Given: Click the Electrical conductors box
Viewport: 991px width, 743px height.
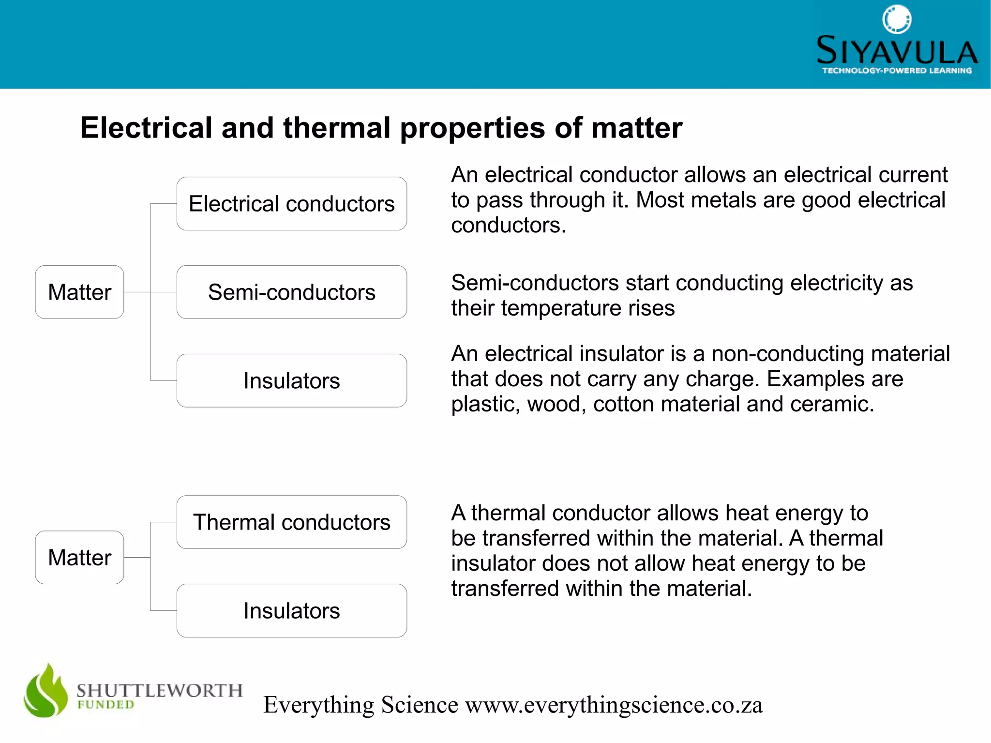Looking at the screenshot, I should point(291,204).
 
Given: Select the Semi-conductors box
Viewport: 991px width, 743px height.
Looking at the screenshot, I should point(291,292).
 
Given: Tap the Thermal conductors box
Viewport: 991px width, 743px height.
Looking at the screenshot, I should point(291,522).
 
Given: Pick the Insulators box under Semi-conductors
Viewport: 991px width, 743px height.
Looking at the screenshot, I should point(291,380).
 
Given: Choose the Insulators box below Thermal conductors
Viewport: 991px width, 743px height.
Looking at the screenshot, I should point(291,610).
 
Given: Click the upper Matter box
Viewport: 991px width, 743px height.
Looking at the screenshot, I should point(79,292).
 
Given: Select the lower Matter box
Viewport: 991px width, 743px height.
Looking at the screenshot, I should point(79,557).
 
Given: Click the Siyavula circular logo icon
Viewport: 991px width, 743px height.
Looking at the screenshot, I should point(897,19).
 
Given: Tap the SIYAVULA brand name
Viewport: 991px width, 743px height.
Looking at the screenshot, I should point(897,51).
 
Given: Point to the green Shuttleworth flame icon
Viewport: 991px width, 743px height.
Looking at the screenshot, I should point(46,691).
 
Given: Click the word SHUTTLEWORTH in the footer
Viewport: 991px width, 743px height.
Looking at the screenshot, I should point(159,690).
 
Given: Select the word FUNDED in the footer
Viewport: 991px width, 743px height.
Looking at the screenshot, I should point(105,705).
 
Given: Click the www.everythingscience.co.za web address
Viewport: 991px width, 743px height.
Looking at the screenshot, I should point(614,705).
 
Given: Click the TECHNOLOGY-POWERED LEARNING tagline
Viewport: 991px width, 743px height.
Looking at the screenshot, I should point(897,71).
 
